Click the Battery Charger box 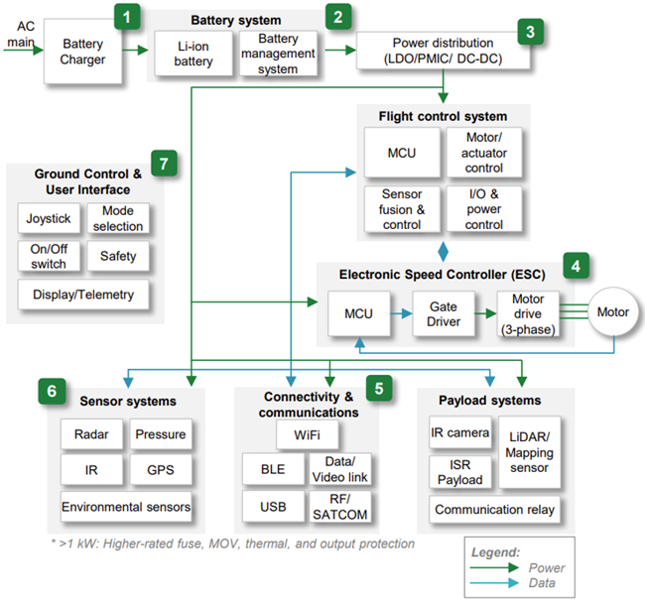[82, 52]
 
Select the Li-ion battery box [193, 54]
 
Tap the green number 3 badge [530, 32]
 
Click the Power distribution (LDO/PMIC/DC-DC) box [443, 51]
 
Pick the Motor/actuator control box [484, 153]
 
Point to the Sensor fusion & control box [402, 209]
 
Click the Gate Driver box [444, 314]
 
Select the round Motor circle [613, 312]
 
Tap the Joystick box [49, 218]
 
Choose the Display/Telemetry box [83, 295]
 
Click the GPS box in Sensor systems [161, 469]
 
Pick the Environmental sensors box [126, 507]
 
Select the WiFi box [308, 434]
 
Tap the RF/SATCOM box [339, 507]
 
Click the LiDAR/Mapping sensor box [530, 452]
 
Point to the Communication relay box [494, 510]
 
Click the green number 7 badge [164, 164]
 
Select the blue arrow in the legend [494, 583]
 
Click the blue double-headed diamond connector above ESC [443, 252]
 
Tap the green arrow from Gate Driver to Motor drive [485, 314]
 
